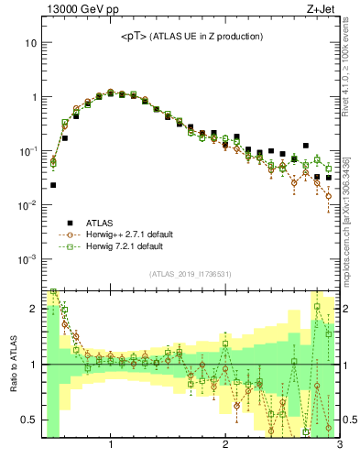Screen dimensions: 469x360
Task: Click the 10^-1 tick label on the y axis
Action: pyautogui.click(x=27, y=151)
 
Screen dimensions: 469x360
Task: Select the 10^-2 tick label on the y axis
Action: pyautogui.click(x=27, y=205)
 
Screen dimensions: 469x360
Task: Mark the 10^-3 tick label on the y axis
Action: pyautogui.click(x=27, y=259)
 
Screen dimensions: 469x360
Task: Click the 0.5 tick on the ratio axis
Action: pyautogui.click(x=29, y=420)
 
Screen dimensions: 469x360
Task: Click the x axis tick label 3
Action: pyautogui.click(x=338, y=446)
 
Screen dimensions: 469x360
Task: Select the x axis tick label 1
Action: pyautogui.click(x=111, y=446)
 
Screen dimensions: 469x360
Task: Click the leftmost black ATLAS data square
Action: pyautogui.click(x=53, y=185)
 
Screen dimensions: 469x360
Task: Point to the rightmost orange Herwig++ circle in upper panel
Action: pyautogui.click(x=328, y=196)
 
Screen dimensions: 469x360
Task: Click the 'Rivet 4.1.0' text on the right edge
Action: pyautogui.click(x=351, y=55)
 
